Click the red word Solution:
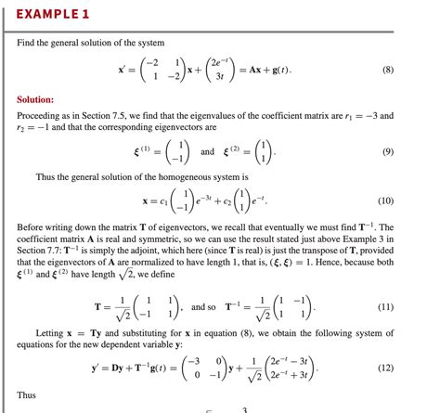tap(36, 99)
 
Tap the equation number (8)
tap(413, 69)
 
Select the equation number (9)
tap(413, 151)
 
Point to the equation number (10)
tap(411, 200)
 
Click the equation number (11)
tap(411, 306)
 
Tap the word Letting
tap(50, 332)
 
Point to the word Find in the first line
tap(27, 44)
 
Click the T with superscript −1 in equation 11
tap(234, 306)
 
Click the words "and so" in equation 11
tap(204, 306)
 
